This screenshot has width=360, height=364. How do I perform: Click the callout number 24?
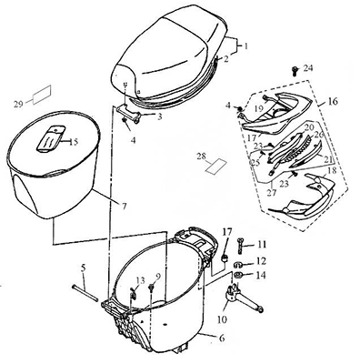pos(307,68)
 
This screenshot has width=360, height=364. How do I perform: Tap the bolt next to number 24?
pos(295,70)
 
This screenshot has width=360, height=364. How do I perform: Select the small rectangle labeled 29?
pos(42,95)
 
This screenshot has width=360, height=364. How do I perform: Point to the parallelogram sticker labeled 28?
pos(216,167)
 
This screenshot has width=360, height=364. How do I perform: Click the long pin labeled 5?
pos(85,293)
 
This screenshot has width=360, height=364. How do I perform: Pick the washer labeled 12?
pos(237,265)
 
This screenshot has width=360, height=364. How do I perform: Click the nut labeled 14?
pos(238,276)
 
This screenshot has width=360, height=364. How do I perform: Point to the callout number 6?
pos(222,338)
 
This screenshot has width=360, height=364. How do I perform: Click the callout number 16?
pos(333,101)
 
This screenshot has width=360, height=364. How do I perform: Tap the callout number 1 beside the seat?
pos(246,46)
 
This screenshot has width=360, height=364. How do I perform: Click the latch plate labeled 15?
pos(50,138)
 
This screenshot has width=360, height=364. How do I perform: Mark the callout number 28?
pos(201,157)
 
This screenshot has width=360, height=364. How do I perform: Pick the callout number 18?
pos(332,170)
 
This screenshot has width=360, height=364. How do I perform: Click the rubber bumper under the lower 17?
pos(225,258)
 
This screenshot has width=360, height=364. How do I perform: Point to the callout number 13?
pos(140,280)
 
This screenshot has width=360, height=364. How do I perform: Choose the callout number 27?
pos(272,192)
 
